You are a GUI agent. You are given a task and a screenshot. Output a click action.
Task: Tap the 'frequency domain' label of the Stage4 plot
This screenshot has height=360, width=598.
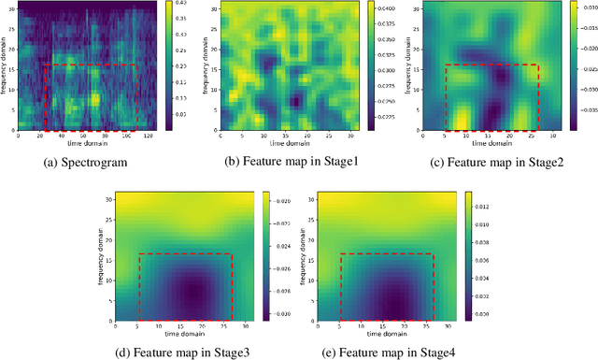(x=308, y=255)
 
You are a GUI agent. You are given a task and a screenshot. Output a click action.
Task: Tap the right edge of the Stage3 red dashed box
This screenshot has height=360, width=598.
(x=232, y=285)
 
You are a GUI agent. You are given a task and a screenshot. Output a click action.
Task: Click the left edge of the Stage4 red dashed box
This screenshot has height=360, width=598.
(x=340, y=285)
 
